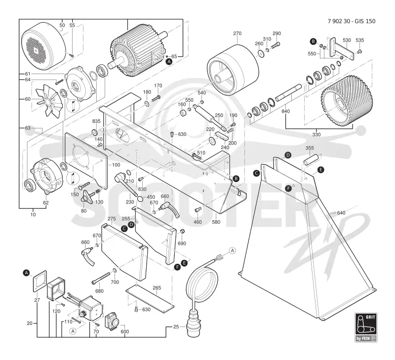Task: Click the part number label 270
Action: [x=237, y=33]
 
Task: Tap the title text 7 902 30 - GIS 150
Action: [x=352, y=21]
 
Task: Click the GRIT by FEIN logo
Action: [x=366, y=327]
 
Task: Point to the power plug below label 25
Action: [x=193, y=324]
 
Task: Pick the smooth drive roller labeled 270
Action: [x=233, y=70]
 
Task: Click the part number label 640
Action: [x=341, y=213]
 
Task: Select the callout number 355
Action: [x=310, y=148]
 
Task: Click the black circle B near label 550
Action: [x=313, y=41]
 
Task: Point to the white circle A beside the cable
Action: [x=233, y=250]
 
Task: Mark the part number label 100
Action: [x=116, y=165]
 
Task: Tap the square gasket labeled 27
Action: [x=40, y=281]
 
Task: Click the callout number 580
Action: [x=216, y=222]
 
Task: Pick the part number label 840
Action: [x=286, y=111]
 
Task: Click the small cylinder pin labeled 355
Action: [x=312, y=159]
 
